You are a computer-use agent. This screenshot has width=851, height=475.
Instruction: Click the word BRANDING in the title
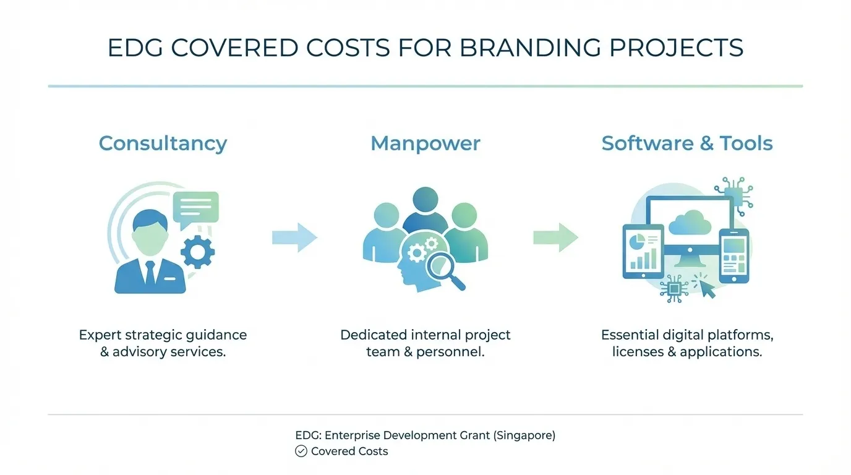[529, 48]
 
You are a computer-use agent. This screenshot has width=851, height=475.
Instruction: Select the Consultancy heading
[163, 143]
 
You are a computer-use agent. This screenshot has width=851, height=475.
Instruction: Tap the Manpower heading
[425, 143]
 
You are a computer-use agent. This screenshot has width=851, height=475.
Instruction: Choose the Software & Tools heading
[686, 143]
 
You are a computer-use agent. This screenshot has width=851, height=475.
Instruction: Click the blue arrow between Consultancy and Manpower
[294, 237]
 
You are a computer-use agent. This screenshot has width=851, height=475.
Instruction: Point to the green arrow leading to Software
[555, 237]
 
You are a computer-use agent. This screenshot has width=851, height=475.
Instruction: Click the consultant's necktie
[150, 272]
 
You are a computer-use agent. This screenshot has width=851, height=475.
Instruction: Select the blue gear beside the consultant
[198, 251]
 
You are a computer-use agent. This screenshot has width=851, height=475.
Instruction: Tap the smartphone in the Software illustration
[733, 256]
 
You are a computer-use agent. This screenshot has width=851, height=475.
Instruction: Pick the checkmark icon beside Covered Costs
[301, 451]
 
